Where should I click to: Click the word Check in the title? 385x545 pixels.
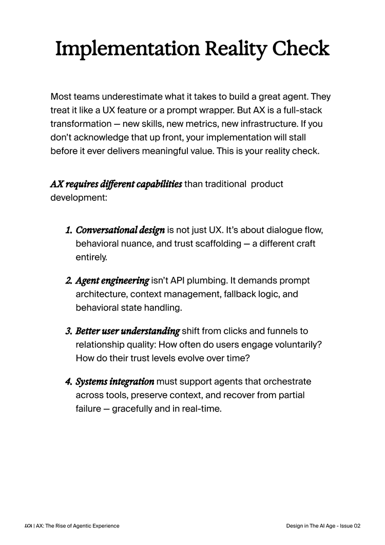point(300,49)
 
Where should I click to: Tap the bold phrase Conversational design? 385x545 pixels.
point(120,229)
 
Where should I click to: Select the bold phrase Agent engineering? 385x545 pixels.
point(112,280)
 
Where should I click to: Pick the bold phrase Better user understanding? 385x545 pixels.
point(127,331)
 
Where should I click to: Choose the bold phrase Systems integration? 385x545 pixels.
point(114,382)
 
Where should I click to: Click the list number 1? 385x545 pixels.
point(68,229)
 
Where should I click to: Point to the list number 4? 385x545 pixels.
point(68,382)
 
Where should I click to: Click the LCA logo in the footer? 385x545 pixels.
point(28,526)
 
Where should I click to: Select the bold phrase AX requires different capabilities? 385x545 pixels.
point(116,184)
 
